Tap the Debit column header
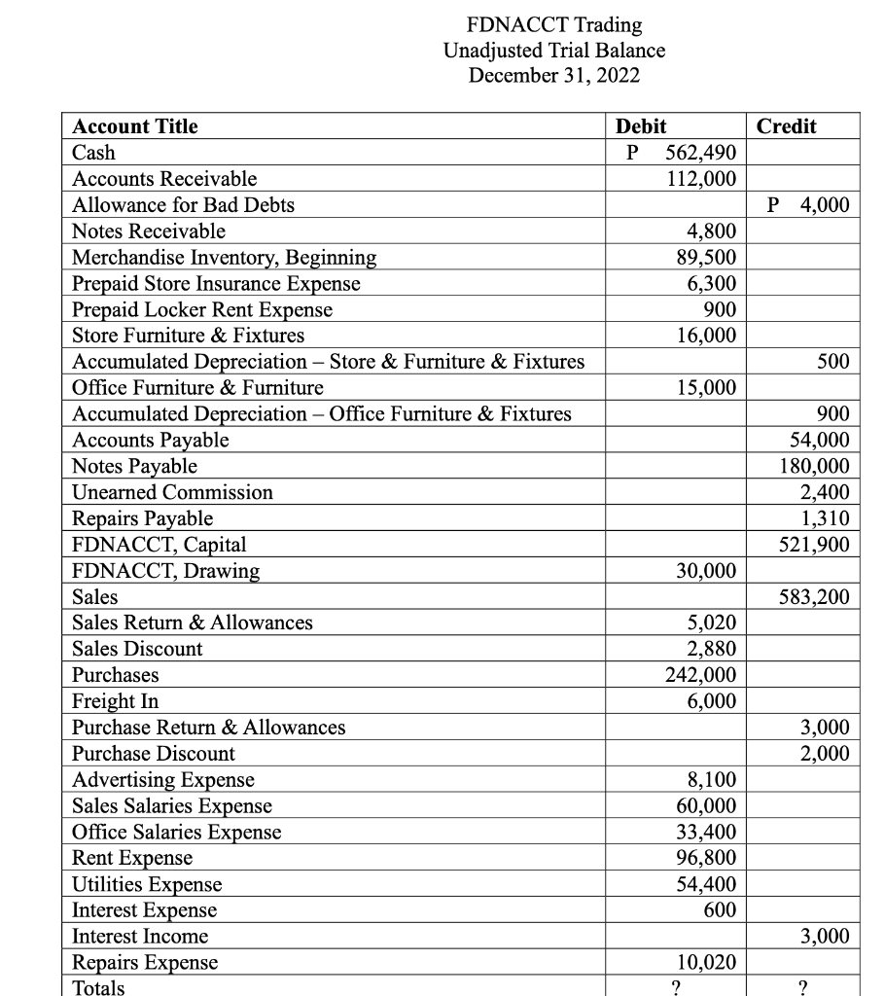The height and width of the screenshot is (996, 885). [x=642, y=126]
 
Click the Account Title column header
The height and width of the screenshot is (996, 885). [x=135, y=126]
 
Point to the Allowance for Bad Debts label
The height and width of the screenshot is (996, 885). [x=184, y=205]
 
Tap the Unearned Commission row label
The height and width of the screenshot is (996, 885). [x=173, y=492]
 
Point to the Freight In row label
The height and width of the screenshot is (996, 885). [x=116, y=701]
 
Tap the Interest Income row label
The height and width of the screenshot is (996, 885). [x=141, y=937]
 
